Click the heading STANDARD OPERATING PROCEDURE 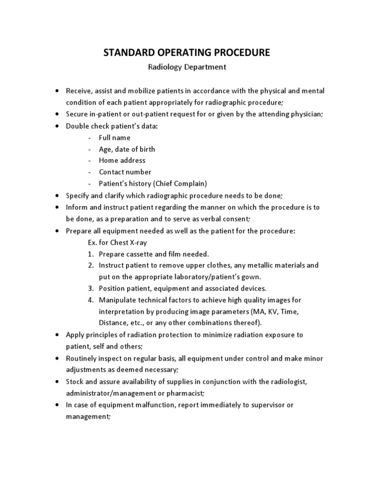[x=187, y=52]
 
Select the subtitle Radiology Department [x=187, y=67]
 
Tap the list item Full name [x=114, y=137]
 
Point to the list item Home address [x=122, y=160]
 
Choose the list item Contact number [x=125, y=172]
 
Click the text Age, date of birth [x=127, y=149]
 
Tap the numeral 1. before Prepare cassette [x=91, y=254]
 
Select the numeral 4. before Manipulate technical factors [x=91, y=300]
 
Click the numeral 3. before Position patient [x=91, y=288]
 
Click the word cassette [x=141, y=254]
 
